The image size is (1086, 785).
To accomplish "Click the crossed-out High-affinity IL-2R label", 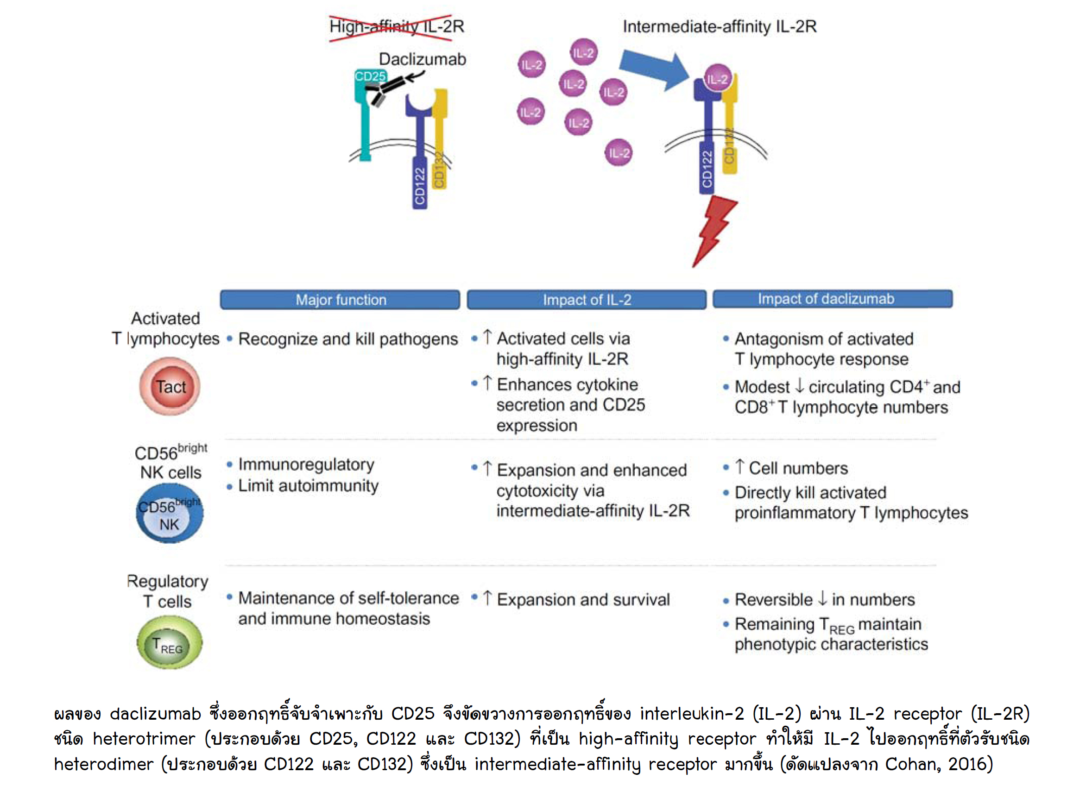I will point(397,27).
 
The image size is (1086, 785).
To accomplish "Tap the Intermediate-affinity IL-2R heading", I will point(719,27).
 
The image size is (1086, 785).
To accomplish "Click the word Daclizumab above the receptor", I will point(422,59).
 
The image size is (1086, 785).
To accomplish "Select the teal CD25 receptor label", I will point(370,76).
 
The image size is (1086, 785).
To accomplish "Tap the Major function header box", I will point(340,300).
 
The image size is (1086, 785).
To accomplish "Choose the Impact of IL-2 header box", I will point(587,300).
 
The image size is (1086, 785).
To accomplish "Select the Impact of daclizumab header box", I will point(832,299).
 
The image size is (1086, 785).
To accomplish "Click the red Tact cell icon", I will point(170,386).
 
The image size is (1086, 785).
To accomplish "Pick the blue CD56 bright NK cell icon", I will point(170,514).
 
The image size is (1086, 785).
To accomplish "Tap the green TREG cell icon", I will point(170,642).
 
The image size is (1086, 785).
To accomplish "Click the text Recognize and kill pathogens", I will point(347,339).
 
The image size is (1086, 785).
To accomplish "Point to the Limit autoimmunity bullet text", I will point(308,486).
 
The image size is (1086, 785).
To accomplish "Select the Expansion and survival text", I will point(583,599).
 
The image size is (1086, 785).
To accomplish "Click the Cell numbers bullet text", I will point(798,468).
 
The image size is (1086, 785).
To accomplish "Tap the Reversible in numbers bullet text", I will point(825,599).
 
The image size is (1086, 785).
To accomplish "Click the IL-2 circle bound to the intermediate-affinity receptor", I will point(717,79).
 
